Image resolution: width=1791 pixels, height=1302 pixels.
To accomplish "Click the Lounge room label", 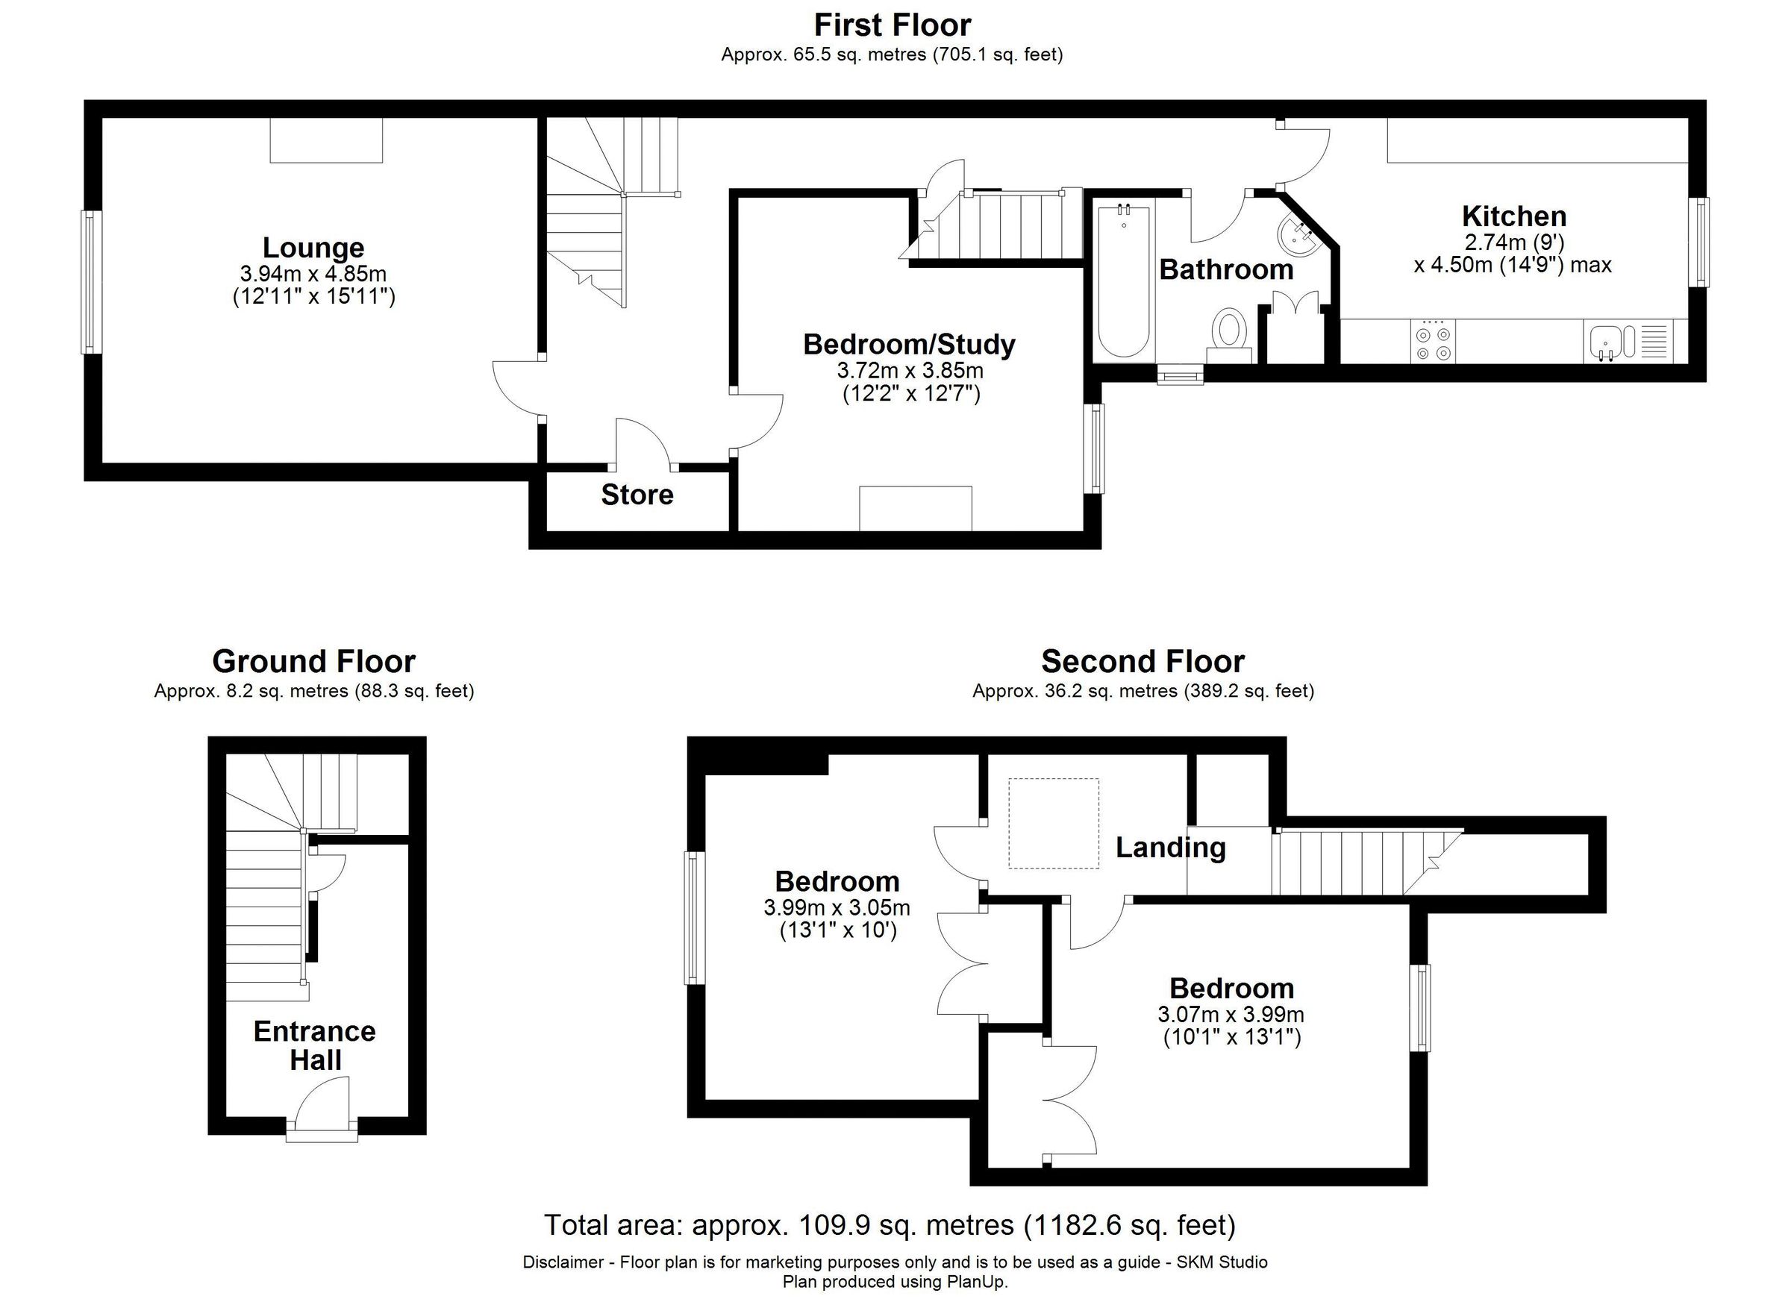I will (313, 248).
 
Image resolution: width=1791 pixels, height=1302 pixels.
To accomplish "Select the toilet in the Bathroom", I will (1230, 331).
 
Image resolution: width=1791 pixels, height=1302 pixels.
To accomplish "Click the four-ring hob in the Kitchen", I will (1434, 341).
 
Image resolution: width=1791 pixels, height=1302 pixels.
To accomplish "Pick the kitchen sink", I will (1606, 342).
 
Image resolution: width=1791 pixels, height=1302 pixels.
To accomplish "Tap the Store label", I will (637, 495).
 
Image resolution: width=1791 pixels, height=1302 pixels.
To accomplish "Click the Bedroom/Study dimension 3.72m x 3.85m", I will (910, 370).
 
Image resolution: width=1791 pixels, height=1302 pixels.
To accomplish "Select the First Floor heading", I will (893, 25).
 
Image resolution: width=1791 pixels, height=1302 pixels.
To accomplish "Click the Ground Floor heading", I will (313, 661).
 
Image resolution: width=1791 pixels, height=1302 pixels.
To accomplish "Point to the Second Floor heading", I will (1143, 661).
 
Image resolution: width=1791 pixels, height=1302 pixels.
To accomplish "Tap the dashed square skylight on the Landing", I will (1054, 823).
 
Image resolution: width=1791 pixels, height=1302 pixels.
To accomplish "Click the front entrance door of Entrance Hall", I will (322, 1110).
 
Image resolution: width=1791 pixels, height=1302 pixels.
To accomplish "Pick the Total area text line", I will (890, 1224).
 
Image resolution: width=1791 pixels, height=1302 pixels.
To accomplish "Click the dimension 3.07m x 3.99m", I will (1231, 1014).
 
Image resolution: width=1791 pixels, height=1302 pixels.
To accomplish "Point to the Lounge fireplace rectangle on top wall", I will (326, 140).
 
